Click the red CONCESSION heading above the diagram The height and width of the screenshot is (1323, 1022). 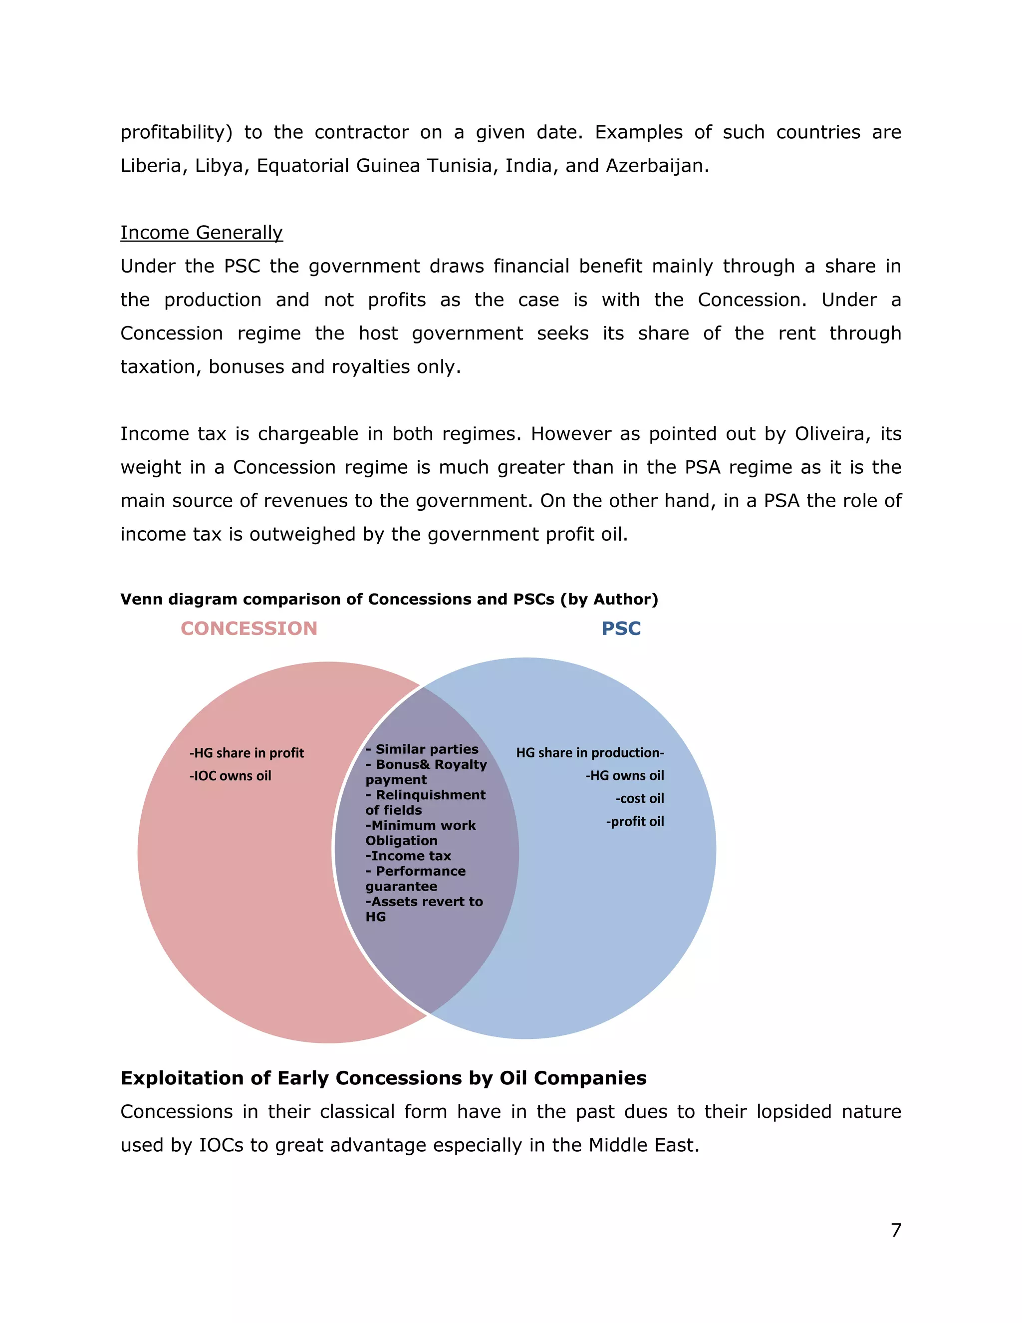pos(249,628)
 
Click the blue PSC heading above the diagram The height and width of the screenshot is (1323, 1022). pos(621,628)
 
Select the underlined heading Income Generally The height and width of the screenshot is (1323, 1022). pos(202,233)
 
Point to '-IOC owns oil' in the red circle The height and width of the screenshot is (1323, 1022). pos(231,776)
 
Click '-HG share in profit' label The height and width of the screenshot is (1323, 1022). pos(247,753)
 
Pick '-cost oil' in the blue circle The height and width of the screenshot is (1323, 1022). pos(640,799)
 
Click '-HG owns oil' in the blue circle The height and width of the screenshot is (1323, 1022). pos(625,776)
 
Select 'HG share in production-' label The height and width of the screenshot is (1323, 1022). pos(590,753)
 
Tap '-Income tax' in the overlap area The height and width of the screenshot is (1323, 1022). pos(409,856)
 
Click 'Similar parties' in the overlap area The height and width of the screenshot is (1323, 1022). pos(427,749)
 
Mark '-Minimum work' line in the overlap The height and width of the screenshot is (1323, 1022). pos(421,826)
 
